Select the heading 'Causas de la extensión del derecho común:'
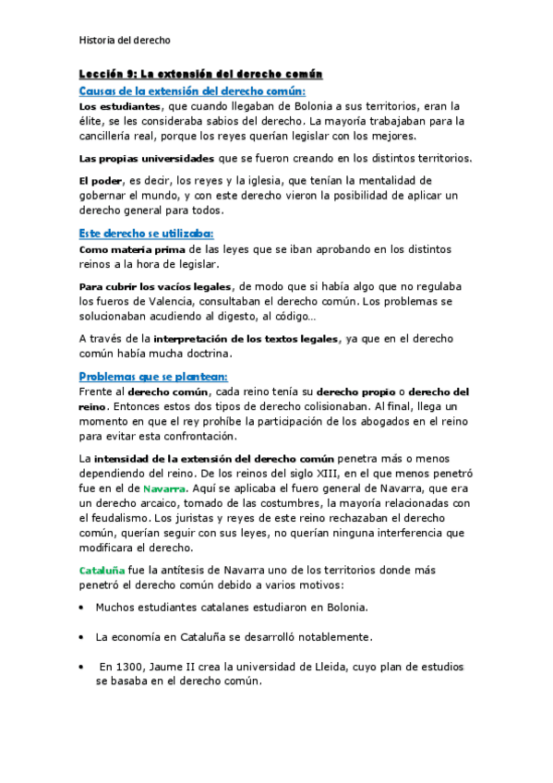[x=192, y=91]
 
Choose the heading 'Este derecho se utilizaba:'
[x=146, y=234]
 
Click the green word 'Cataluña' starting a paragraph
[x=101, y=570]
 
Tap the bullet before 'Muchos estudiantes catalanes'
[x=82, y=608]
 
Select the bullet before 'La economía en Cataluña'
[x=82, y=637]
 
